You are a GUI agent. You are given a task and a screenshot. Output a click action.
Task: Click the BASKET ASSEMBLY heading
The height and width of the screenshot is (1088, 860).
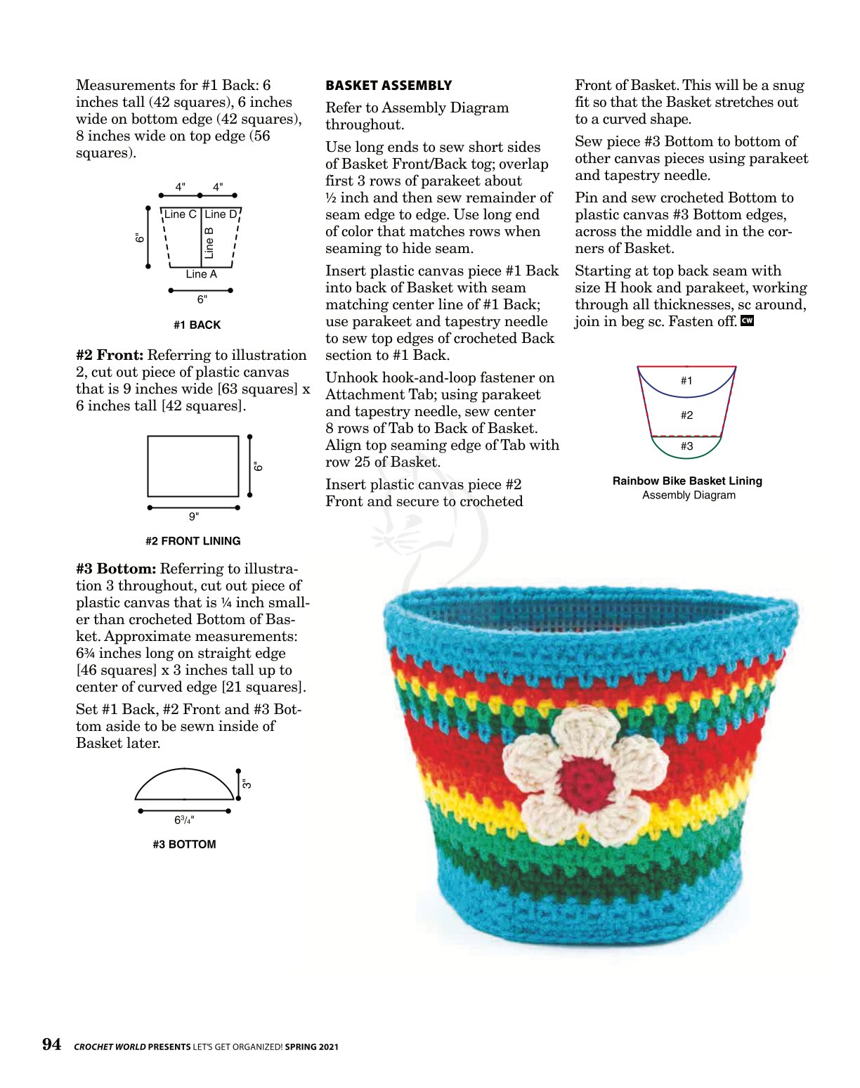(389, 86)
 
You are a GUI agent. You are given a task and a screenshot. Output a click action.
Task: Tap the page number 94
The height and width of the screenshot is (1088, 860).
(51, 1044)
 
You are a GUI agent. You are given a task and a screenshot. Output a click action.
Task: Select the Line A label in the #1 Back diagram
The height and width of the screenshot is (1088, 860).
(201, 274)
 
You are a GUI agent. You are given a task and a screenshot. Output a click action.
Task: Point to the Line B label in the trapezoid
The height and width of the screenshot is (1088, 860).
(209, 242)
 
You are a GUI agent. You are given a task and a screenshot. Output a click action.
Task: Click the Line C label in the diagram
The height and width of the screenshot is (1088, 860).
(181, 214)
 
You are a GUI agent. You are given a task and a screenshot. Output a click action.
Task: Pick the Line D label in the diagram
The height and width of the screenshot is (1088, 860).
(221, 214)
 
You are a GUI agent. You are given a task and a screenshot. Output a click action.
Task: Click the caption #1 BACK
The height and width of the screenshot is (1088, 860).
(197, 325)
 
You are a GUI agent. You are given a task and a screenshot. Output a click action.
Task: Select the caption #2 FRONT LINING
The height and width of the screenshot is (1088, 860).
(193, 541)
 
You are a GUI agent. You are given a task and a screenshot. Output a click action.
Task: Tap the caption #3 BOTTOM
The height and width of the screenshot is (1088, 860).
(184, 844)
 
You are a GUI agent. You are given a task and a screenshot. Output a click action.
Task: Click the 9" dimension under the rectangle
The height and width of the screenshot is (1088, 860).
(194, 517)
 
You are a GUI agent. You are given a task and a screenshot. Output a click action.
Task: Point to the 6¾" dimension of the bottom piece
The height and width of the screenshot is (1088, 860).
(184, 820)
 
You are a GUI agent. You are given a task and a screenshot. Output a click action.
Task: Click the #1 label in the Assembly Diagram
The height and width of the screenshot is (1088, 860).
(686, 381)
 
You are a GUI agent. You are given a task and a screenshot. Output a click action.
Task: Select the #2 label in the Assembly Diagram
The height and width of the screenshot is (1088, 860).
(686, 415)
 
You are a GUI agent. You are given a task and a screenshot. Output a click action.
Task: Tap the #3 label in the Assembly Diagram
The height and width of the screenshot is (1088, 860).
(686, 446)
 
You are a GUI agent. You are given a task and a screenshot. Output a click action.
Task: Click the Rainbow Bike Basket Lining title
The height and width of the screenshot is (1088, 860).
(687, 481)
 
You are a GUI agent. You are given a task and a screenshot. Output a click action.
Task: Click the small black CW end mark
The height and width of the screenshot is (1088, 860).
(747, 321)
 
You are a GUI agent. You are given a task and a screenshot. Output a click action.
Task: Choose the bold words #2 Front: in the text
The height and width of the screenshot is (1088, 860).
(110, 356)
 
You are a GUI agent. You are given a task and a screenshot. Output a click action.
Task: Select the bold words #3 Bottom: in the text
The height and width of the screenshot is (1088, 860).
(116, 569)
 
